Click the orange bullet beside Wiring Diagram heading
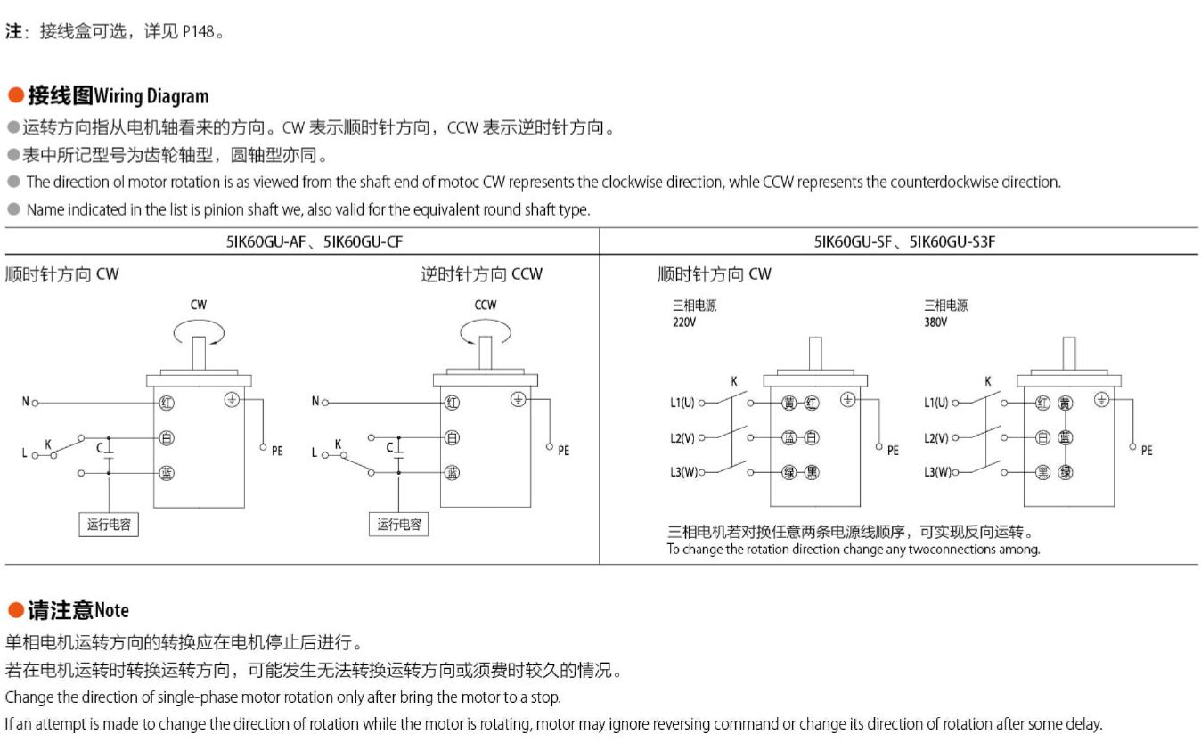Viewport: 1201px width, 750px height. click(16, 95)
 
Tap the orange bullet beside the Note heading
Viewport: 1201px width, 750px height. click(16, 610)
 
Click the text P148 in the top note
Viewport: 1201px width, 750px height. click(199, 32)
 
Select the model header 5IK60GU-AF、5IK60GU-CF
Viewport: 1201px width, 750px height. click(315, 241)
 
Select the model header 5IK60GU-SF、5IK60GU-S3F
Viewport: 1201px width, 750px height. click(904, 241)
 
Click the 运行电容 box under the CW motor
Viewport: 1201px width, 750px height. click(109, 525)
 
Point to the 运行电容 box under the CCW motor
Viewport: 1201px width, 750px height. click(398, 525)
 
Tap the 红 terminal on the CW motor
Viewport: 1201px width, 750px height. click(167, 403)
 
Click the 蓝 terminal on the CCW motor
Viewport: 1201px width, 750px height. click(452, 473)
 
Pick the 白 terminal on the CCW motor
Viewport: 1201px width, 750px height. click(452, 438)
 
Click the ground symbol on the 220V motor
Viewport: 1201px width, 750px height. click(847, 399)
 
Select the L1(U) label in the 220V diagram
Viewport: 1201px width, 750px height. click(682, 403)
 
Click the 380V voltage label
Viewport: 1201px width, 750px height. click(935, 322)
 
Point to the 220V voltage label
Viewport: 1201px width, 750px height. click(684, 322)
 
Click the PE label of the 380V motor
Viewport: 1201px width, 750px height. click(1147, 451)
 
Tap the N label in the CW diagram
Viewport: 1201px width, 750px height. click(25, 401)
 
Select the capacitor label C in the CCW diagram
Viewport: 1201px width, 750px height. click(389, 447)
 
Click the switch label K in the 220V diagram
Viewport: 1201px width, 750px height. click(734, 381)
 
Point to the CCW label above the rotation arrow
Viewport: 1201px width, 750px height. click(486, 305)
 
